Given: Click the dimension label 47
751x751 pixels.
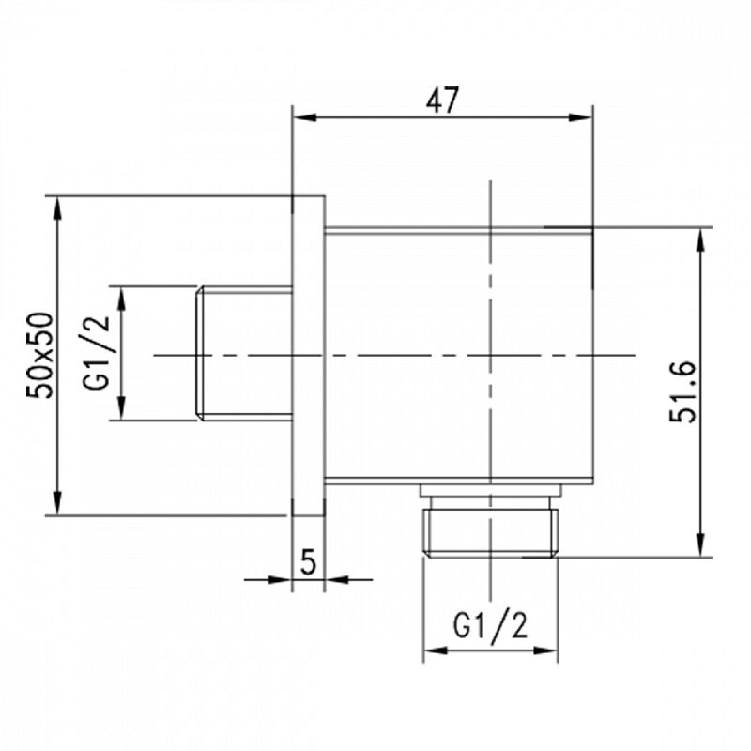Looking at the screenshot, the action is click(442, 100).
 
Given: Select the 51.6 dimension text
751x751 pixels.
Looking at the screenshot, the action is click(682, 391).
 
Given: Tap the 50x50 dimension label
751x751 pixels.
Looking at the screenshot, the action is click(39, 355).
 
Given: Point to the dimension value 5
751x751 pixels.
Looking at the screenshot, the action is click(308, 561).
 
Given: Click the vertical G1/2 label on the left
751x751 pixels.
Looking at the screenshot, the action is click(97, 353).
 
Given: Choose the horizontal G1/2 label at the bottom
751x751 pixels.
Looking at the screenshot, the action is click(490, 625).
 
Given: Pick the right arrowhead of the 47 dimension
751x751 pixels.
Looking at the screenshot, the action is click(580, 117).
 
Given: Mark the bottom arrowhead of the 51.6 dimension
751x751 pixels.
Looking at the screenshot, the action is click(700, 544).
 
